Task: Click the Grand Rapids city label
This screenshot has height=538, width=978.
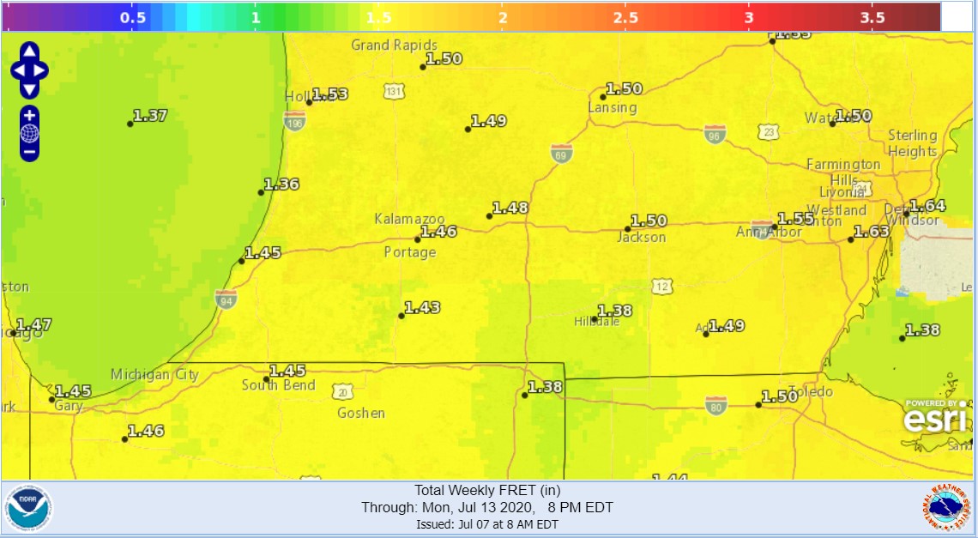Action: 394,45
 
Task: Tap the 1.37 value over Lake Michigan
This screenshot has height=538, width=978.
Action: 150,115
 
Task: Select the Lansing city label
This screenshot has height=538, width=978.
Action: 613,107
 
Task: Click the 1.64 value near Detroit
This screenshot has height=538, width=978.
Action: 927,205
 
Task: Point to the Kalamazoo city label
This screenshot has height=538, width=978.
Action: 409,219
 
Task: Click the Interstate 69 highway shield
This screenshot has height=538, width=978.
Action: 561,153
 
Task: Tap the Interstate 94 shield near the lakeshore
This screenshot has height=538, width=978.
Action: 225,298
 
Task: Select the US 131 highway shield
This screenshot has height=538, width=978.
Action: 394,91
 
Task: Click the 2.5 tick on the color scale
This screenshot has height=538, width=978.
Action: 625,17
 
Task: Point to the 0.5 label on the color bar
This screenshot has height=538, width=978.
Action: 132,17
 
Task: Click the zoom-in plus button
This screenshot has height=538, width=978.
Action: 29,115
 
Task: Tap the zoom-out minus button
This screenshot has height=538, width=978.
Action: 29,152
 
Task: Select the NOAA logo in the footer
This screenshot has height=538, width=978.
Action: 28,508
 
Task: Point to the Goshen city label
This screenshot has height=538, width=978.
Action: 361,413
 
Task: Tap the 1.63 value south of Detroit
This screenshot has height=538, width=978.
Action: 872,232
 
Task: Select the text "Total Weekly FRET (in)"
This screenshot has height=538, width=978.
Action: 487,491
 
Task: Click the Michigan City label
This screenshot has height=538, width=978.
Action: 154,374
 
